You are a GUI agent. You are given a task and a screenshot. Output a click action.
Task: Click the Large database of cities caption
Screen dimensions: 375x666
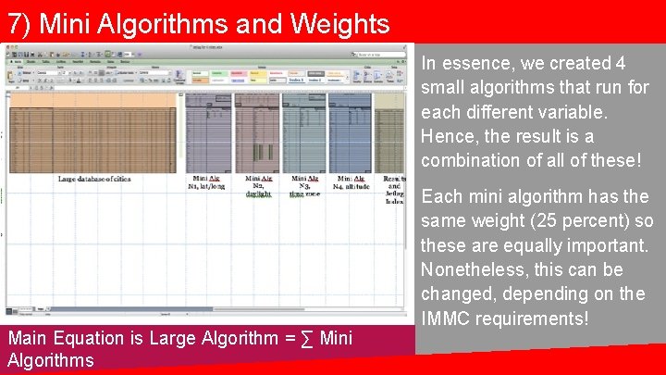point(94,179)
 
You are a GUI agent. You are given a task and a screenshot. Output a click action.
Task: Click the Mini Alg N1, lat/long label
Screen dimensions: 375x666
point(207,181)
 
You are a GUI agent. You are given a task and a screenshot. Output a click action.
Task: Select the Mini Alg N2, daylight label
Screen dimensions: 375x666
point(260,185)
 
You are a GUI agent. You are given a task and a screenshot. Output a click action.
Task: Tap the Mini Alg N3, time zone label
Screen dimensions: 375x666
point(304,185)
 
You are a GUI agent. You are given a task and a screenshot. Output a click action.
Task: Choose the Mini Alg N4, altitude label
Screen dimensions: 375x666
point(351,181)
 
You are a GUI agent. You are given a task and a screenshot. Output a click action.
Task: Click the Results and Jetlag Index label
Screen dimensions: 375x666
point(393,188)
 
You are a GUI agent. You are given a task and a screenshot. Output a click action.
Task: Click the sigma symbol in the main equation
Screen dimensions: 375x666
point(307,339)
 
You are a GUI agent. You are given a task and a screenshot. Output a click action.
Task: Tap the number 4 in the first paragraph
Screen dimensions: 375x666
point(620,64)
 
